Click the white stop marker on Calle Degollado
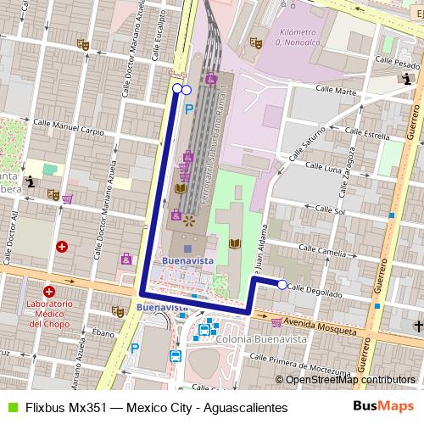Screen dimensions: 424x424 [282, 285]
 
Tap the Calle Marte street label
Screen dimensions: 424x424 [334, 89]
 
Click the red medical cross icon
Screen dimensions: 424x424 [61, 247]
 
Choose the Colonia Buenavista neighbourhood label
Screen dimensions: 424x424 [261, 338]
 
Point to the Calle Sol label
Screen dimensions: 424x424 [332, 209]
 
